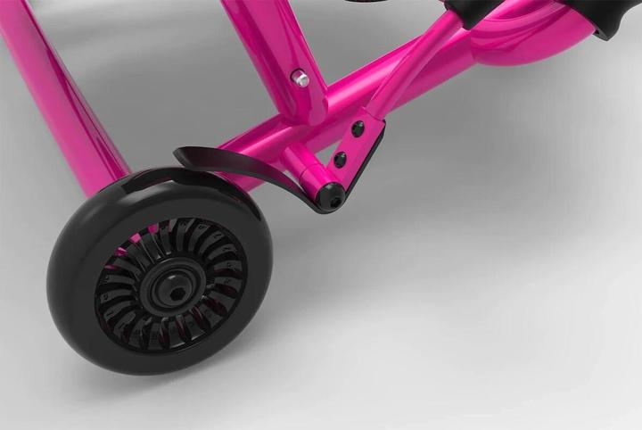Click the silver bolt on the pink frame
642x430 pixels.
302,80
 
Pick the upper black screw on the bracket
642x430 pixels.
358,129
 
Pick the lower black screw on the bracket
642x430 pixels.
340,160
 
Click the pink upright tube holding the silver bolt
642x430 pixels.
276,54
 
